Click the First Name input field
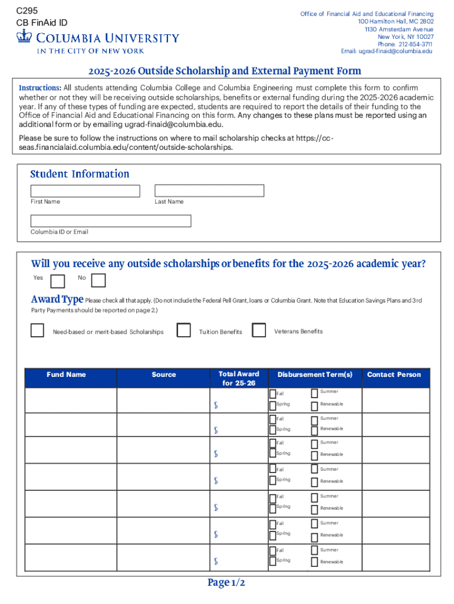[x=85, y=191]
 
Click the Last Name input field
[x=209, y=191]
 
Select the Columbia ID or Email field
[x=111, y=221]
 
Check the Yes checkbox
[x=58, y=281]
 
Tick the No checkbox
[x=98, y=280]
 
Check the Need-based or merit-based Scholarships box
[x=37, y=330]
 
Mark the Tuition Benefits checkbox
[x=184, y=330]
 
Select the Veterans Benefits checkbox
[x=259, y=330]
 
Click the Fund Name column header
[x=66, y=375]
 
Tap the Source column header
[x=163, y=375]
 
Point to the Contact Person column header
[x=394, y=375]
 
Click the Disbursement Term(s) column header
[x=315, y=375]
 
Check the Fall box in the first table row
[x=272, y=394]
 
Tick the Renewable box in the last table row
[x=314, y=562]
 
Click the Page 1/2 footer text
[x=226, y=583]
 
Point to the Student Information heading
[x=80, y=174]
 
